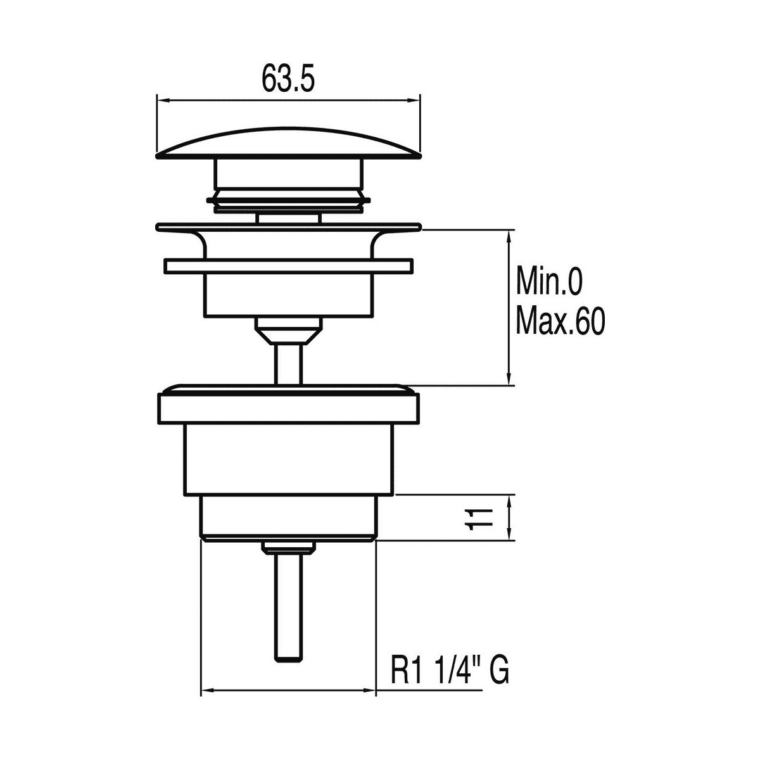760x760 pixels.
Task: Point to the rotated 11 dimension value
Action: [478, 519]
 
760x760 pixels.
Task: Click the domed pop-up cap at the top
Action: [289, 142]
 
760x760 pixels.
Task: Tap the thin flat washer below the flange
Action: [289, 265]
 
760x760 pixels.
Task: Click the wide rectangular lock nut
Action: [289, 408]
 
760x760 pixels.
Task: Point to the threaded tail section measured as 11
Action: [289, 518]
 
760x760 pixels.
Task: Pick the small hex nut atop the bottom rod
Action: [289, 548]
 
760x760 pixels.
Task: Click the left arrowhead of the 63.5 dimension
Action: [163, 100]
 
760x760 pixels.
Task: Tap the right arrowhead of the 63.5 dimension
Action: [414, 100]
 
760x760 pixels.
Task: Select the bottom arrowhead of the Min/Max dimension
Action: [510, 379]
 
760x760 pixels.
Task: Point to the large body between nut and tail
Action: [289, 459]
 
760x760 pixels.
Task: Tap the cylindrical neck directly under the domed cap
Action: [289, 173]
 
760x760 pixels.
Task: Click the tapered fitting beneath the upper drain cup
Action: [289, 331]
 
